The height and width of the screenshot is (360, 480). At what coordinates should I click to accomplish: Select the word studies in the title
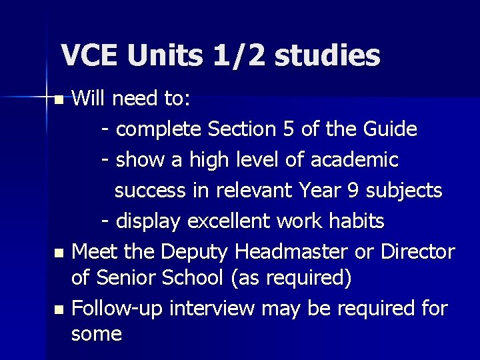tap(327, 55)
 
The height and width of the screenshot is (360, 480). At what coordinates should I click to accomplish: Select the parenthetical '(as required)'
tap(291, 277)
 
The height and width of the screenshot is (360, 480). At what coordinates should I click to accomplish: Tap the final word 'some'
tap(96, 334)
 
